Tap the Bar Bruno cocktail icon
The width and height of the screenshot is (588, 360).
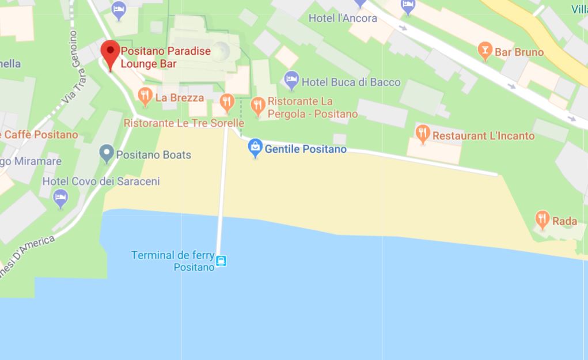(485, 52)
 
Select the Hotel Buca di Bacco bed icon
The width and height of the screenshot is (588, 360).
(292, 81)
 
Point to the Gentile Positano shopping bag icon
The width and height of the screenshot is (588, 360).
(255, 148)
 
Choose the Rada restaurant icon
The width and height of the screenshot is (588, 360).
(542, 219)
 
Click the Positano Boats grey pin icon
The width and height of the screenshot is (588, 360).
(106, 153)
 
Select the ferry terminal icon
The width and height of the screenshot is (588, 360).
(221, 262)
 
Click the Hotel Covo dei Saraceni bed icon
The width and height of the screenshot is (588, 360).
(60, 199)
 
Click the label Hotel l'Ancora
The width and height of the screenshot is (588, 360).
(343, 18)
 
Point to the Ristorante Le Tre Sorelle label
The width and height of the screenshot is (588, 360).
(184, 123)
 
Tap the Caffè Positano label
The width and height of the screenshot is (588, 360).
(40, 135)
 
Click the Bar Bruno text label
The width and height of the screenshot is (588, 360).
(519, 52)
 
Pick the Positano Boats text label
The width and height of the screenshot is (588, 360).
(154, 155)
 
